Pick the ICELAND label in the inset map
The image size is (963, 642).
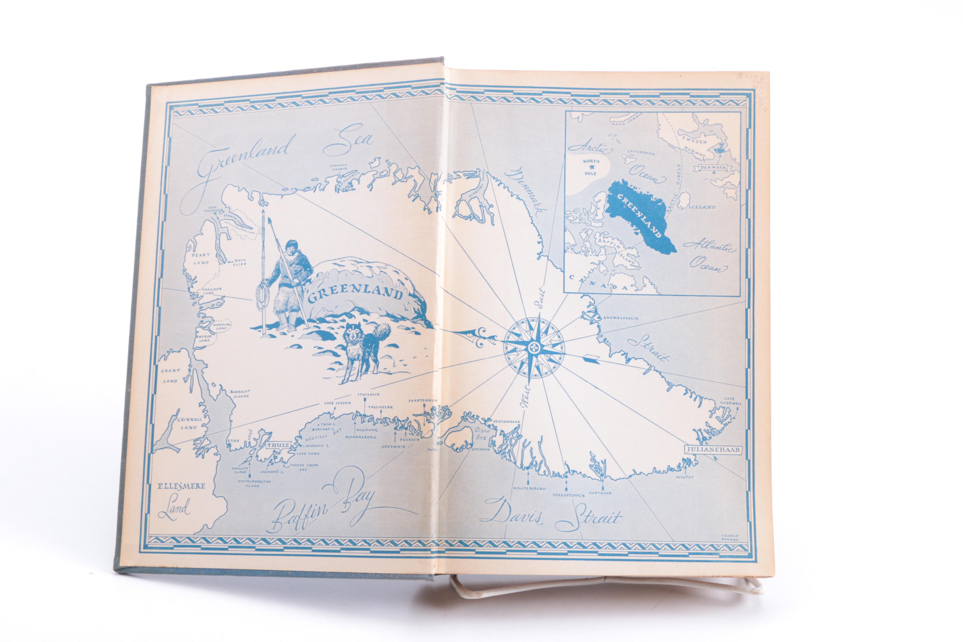click(703, 207)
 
